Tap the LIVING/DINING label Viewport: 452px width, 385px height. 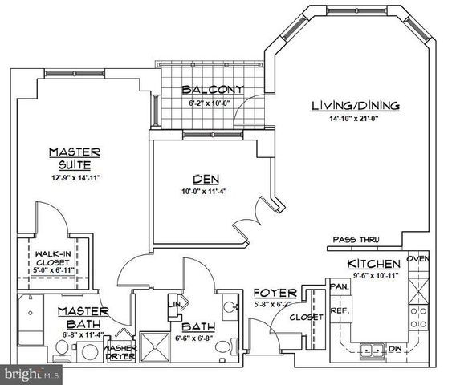pyautogui.click(x=355, y=106)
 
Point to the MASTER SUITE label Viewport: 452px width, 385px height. pyautogui.click(x=73, y=156)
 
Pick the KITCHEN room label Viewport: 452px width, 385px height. pyautogui.click(x=373, y=265)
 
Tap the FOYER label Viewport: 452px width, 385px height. pyautogui.click(x=275, y=293)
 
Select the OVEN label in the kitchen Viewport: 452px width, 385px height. pyautogui.click(x=418, y=259)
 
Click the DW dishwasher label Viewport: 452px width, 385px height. pyautogui.click(x=394, y=349)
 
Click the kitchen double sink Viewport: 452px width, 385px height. pyautogui.click(x=371, y=349)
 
